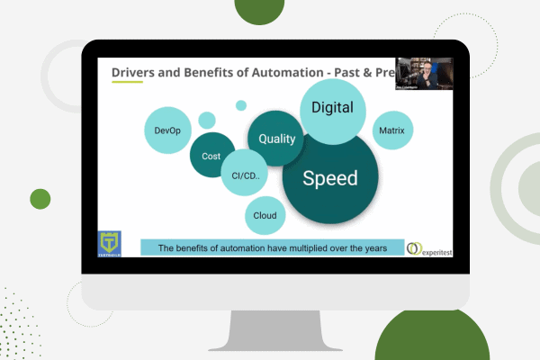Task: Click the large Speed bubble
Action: (x=329, y=177)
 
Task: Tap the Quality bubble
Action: (x=276, y=139)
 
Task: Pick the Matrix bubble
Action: (x=391, y=131)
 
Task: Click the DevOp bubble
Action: (x=167, y=131)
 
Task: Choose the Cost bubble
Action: (x=211, y=157)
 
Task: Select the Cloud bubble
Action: (x=265, y=216)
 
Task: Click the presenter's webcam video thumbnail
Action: (x=421, y=74)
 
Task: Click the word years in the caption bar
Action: (x=372, y=247)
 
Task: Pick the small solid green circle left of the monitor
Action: (x=40, y=198)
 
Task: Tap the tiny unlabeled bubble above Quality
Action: (x=241, y=105)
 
